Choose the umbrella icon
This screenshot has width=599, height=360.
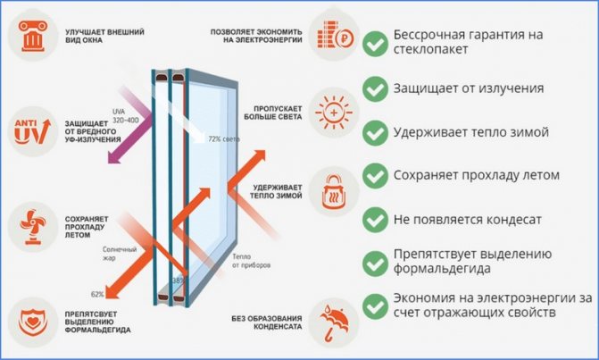(x=336, y=316)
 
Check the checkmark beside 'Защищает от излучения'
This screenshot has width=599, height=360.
(x=375, y=88)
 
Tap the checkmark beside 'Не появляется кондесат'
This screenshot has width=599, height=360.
(x=375, y=218)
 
